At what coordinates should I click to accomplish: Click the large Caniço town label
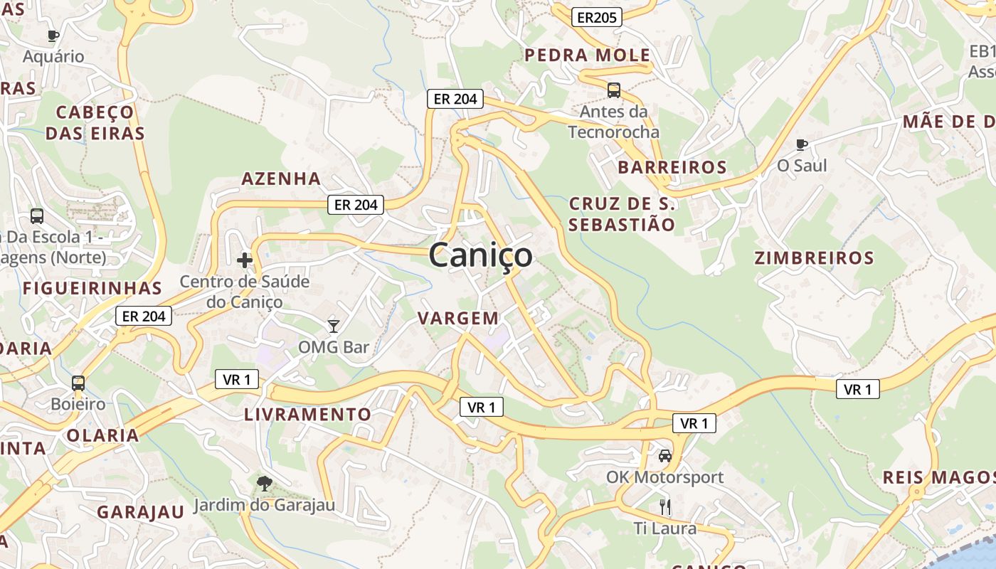480,255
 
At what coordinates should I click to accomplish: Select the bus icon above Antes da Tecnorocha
613,90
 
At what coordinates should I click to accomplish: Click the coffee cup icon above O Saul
802,144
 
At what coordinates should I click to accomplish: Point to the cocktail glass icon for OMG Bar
333,326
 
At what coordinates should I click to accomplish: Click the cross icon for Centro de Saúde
245,260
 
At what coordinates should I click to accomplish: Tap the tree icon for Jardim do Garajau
264,484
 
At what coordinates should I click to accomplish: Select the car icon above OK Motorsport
664,456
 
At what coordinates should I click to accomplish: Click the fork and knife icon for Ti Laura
664,507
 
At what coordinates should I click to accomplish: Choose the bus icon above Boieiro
78,383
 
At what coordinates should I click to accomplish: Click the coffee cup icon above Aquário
53,36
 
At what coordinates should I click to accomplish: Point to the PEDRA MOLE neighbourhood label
587,55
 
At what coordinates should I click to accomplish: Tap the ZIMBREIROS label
814,258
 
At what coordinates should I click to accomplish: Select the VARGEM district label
458,318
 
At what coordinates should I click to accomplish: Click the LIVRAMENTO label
307,414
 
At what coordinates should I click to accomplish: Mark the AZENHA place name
281,179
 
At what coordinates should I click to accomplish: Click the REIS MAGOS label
938,477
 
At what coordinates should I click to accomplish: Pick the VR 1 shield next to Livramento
236,380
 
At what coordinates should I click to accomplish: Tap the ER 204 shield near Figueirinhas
144,317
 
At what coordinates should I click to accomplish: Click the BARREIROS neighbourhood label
672,167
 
